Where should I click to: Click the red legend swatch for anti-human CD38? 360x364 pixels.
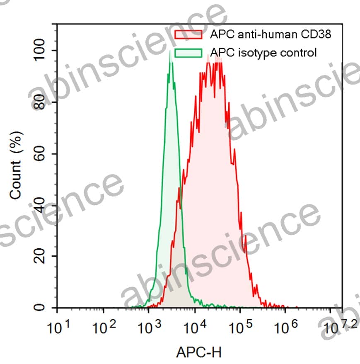point(188,34)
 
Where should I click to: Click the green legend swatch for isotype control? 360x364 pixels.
point(188,53)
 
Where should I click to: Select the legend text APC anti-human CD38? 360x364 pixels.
point(271,34)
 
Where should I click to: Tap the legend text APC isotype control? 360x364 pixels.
point(263,53)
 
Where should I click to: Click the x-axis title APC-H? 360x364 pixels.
point(199,352)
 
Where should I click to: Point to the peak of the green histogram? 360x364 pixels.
point(170,52)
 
